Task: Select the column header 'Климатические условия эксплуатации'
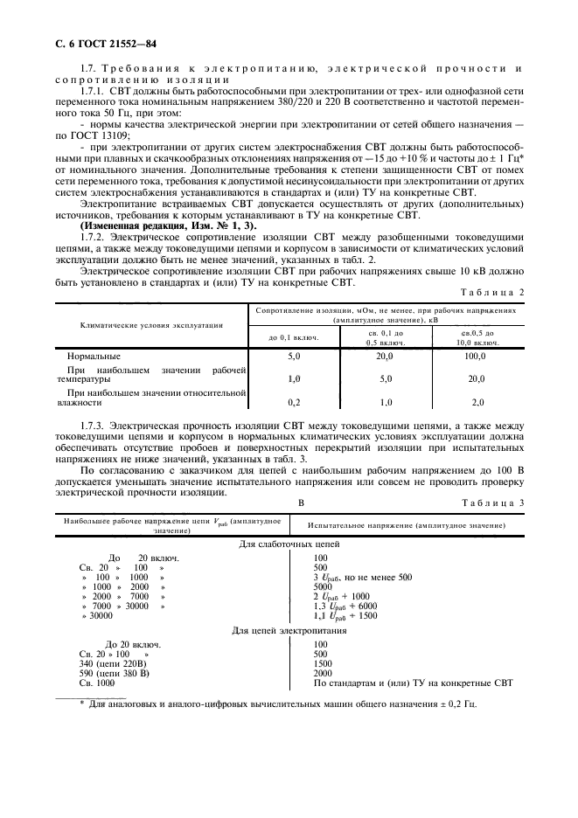point(150,323)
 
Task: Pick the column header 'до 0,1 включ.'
point(294,337)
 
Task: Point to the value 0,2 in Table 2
point(294,402)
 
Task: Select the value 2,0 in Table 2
point(477,402)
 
